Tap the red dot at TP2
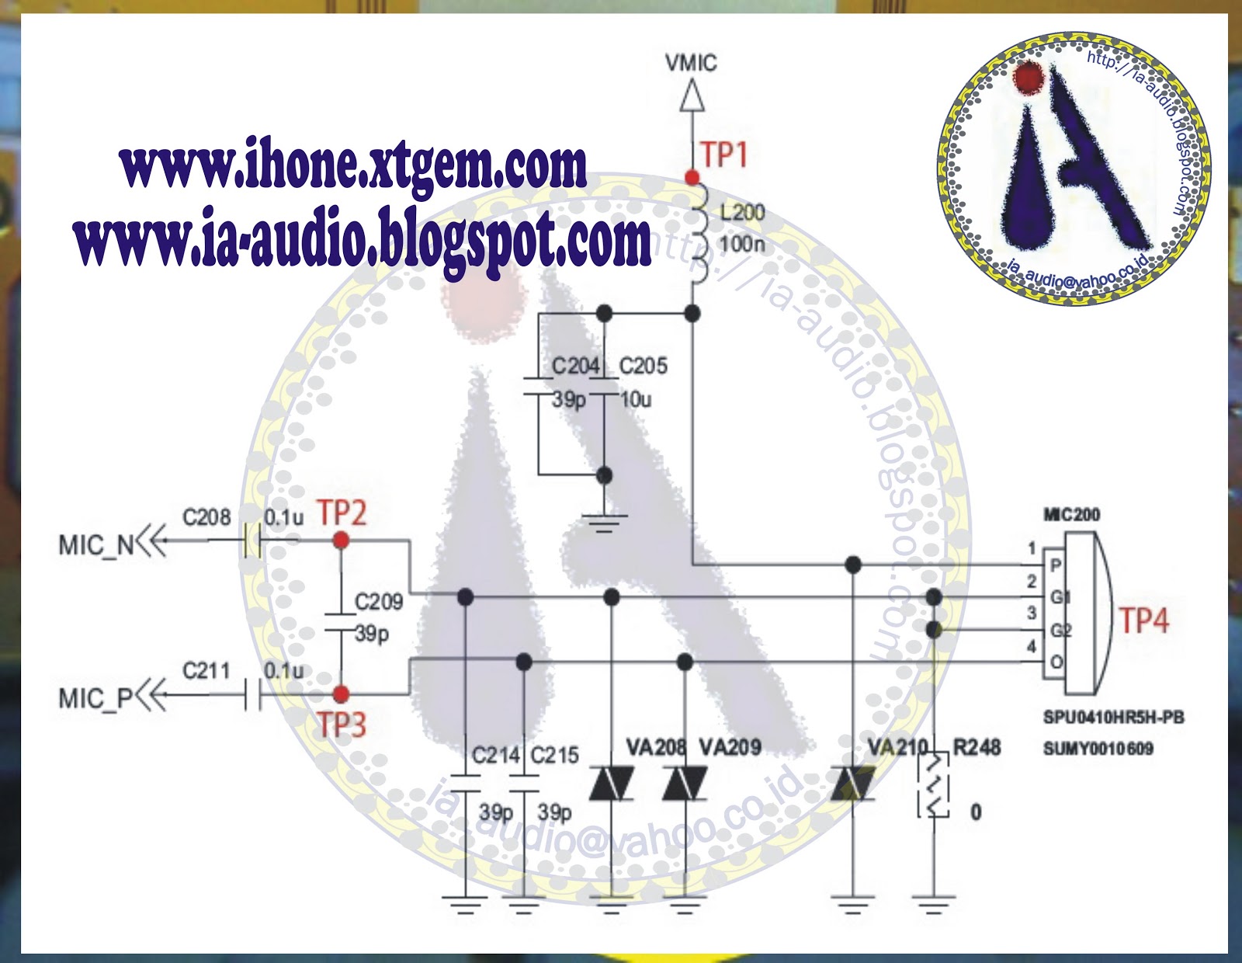point(341,540)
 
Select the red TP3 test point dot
point(341,694)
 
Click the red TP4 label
point(1143,621)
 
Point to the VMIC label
point(691,63)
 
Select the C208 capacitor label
point(206,517)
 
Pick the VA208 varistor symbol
point(612,783)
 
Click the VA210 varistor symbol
point(852,783)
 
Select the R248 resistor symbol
point(934,784)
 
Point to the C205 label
point(644,366)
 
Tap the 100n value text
point(742,245)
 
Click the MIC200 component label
point(1071,515)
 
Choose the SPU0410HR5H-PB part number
point(1113,717)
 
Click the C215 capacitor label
point(555,755)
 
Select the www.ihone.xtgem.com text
point(353,165)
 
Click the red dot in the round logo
point(1029,78)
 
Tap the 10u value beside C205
point(636,400)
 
